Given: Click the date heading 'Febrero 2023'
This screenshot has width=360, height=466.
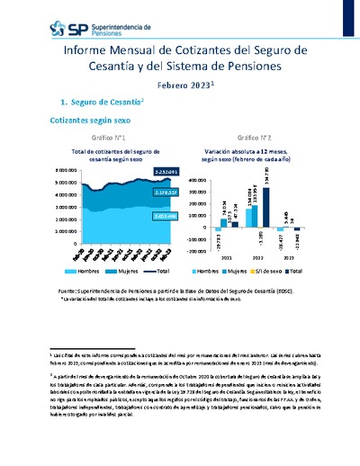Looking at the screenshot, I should pos(182,85).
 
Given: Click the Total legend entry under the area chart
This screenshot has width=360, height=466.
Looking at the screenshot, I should pos(162,269).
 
